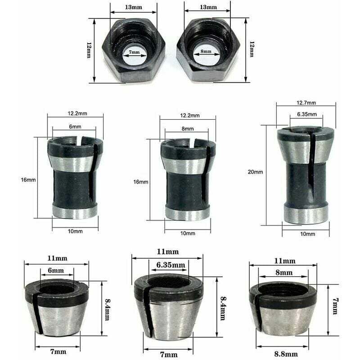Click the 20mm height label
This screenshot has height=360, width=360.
point(255,171)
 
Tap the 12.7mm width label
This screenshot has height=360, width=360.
point(306,103)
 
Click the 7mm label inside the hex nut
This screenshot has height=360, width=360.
point(134,53)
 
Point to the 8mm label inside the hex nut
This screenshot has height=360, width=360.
point(206,52)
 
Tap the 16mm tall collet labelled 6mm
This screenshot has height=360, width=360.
point(75,178)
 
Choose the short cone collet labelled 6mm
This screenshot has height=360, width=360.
point(56,308)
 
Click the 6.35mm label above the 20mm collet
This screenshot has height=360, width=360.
point(306,114)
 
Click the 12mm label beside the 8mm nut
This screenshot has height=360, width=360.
point(252,49)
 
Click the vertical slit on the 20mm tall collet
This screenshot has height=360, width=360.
point(310,166)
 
